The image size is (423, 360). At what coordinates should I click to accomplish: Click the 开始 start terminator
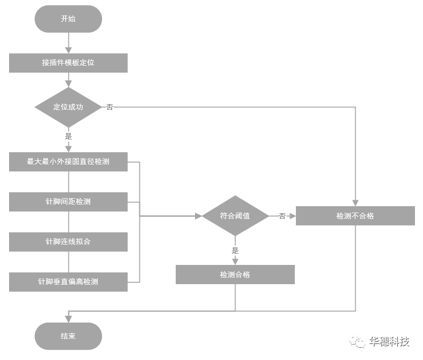point(68,19)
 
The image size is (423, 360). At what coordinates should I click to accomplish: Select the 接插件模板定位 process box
point(68,62)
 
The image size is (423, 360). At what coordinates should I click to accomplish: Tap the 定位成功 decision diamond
point(68,107)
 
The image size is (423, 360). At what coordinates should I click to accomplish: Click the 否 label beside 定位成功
point(109,107)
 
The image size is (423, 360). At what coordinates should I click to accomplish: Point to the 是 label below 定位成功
point(68,136)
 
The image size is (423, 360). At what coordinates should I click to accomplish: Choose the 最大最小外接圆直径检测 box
point(68,161)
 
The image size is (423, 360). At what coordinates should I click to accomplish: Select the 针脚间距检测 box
point(68,202)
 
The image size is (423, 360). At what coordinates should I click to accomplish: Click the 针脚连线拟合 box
point(68,241)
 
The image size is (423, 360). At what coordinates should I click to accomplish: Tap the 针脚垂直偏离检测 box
point(68,281)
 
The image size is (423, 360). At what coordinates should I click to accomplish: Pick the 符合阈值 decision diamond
point(235,216)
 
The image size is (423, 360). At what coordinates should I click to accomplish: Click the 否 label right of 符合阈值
point(282,216)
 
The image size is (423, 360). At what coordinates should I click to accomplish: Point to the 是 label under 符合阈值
point(235,250)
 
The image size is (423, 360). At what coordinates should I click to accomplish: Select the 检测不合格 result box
point(355,216)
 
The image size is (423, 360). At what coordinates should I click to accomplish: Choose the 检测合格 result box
point(235,275)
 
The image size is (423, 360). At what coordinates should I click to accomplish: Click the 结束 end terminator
point(68,336)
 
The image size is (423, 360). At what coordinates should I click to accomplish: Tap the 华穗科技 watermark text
point(389,341)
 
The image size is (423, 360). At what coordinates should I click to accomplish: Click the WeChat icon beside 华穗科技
point(357,342)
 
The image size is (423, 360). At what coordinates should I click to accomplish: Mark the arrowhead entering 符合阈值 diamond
point(198,216)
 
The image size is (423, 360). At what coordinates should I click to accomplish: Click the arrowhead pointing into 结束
point(68,319)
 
